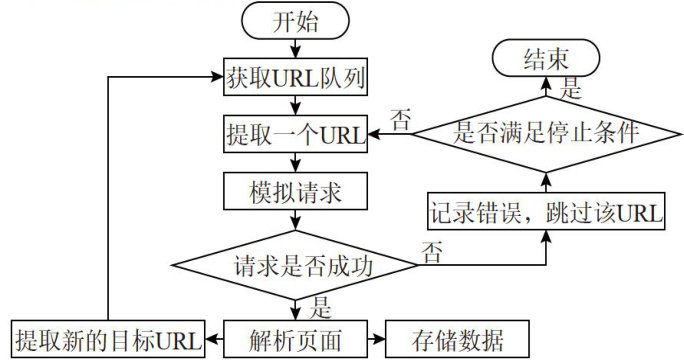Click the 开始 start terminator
point(295,21)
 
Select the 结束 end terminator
point(546,58)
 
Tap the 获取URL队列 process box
point(295,77)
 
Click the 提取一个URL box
point(295,134)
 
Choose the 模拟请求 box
point(295,191)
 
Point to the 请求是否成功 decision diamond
point(295,265)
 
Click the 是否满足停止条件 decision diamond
point(546,134)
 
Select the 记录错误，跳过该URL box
point(546,211)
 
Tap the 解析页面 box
point(295,339)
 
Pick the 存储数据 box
point(457,339)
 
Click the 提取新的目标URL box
point(108,339)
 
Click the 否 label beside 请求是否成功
point(431,252)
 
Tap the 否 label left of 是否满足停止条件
point(400,120)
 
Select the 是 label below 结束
point(571,88)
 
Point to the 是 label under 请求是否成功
point(321,308)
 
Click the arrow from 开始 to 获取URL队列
point(295,49)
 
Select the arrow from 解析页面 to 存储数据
point(376,339)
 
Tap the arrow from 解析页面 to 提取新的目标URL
point(215,339)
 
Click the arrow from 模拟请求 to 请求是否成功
point(295,220)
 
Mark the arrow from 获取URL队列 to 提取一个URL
point(295,105)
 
